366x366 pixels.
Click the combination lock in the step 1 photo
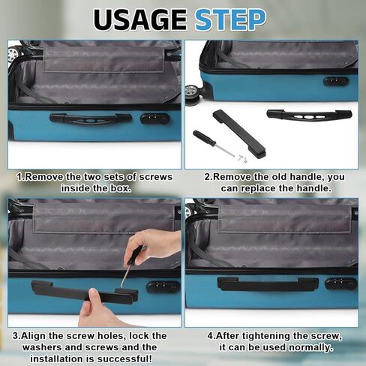(155, 118)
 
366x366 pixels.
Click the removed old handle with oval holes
(309, 115)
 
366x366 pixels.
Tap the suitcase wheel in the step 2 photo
(193, 94)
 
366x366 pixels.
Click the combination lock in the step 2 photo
(335, 81)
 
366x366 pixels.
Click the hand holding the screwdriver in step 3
(155, 244)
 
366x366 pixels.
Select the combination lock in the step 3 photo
(163, 287)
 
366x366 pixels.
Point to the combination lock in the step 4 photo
(340, 284)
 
